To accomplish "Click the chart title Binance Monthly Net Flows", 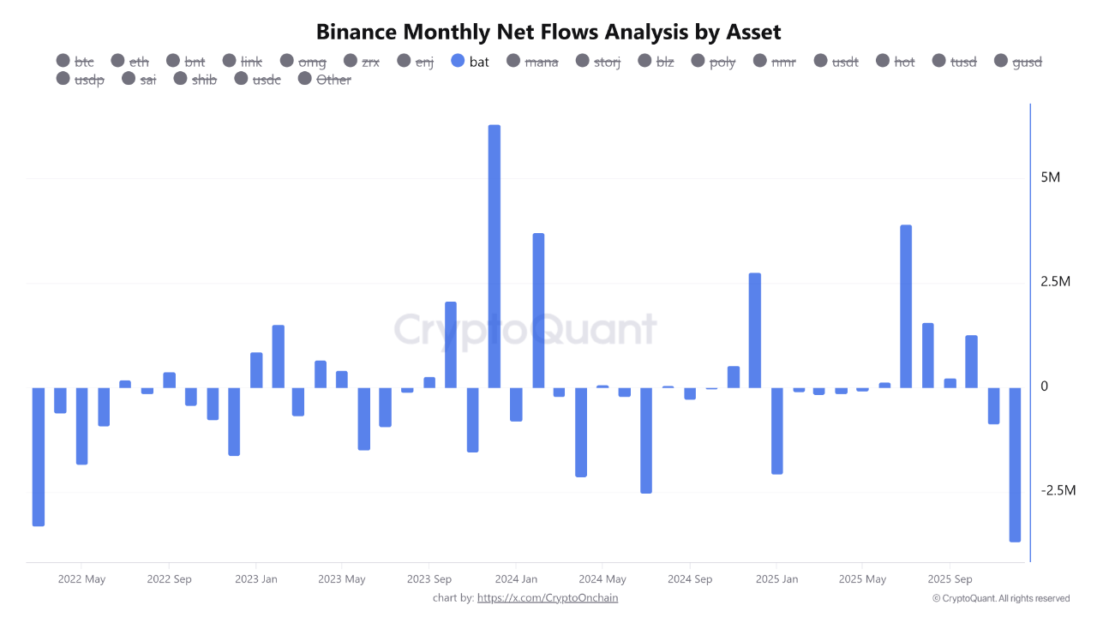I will pyautogui.click(x=548, y=33).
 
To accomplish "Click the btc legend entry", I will pyautogui.click(x=75, y=62).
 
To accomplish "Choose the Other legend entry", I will pyautogui.click(x=325, y=80).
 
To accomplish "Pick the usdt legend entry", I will pyautogui.click(x=835, y=62).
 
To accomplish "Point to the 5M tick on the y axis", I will pyautogui.click(x=1051, y=178).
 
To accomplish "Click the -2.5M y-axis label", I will pyautogui.click(x=1056, y=491).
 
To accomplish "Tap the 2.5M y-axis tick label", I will pyautogui.click(x=1056, y=282).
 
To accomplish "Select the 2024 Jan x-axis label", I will pyautogui.click(x=517, y=579).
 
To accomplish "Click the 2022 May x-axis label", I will pyautogui.click(x=81, y=579).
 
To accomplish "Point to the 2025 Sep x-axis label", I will pyautogui.click(x=950, y=579).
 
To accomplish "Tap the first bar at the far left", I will pyautogui.click(x=39, y=456).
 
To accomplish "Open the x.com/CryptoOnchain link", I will pyautogui.click(x=547, y=598).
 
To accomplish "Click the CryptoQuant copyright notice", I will pyautogui.click(x=1001, y=598).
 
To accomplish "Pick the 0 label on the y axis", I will pyautogui.click(x=1044, y=386).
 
